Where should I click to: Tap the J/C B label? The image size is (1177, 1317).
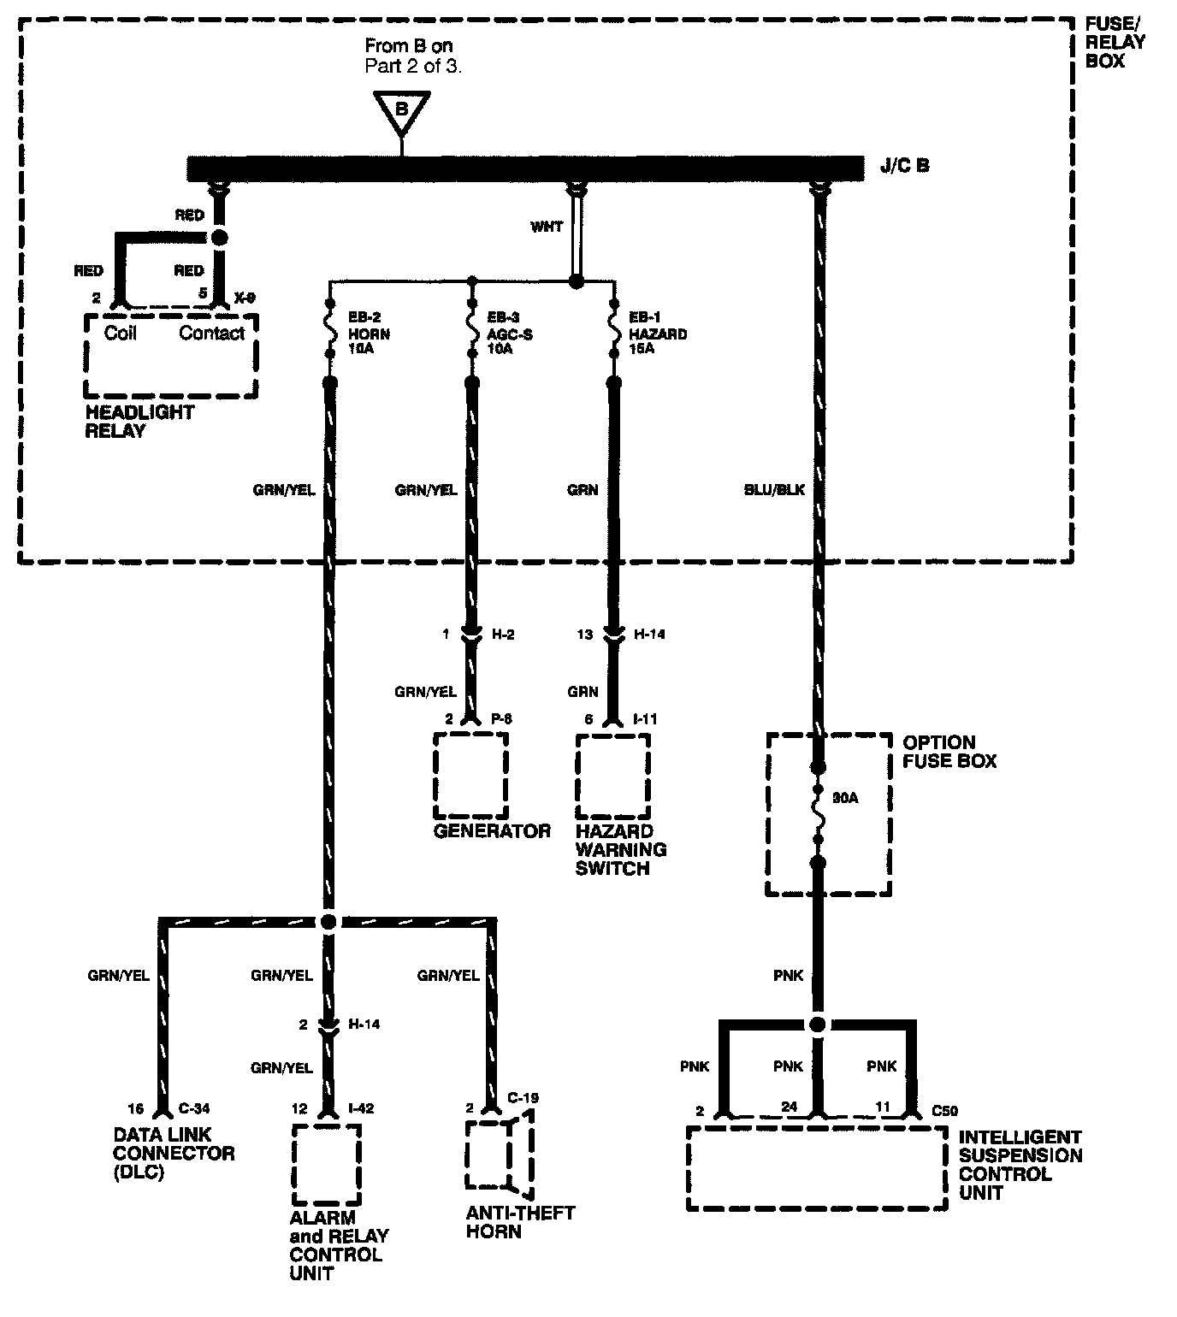[x=904, y=165]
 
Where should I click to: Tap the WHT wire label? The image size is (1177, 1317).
[x=547, y=227]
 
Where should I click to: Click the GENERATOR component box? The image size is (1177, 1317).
[x=470, y=774]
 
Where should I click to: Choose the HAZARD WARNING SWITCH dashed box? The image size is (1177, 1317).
[x=612, y=774]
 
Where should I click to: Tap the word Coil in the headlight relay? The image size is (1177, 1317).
[x=121, y=333]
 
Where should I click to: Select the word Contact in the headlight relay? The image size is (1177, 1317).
[x=211, y=333]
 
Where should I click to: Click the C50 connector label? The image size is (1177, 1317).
[x=944, y=1111]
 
